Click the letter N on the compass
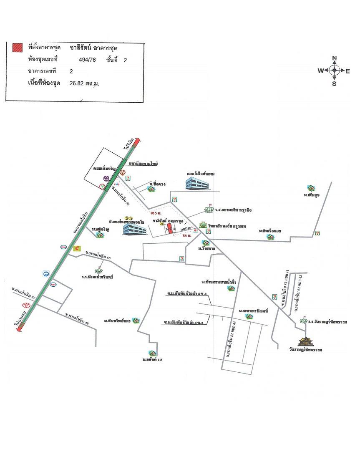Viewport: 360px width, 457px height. pos(334,58)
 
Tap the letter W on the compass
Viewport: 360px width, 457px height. pos(320,71)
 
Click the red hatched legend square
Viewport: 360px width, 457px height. pos(17,48)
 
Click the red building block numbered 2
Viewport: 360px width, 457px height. pos(170,229)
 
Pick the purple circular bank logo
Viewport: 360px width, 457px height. pos(107,178)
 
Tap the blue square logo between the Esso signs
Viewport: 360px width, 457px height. pos(45,274)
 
